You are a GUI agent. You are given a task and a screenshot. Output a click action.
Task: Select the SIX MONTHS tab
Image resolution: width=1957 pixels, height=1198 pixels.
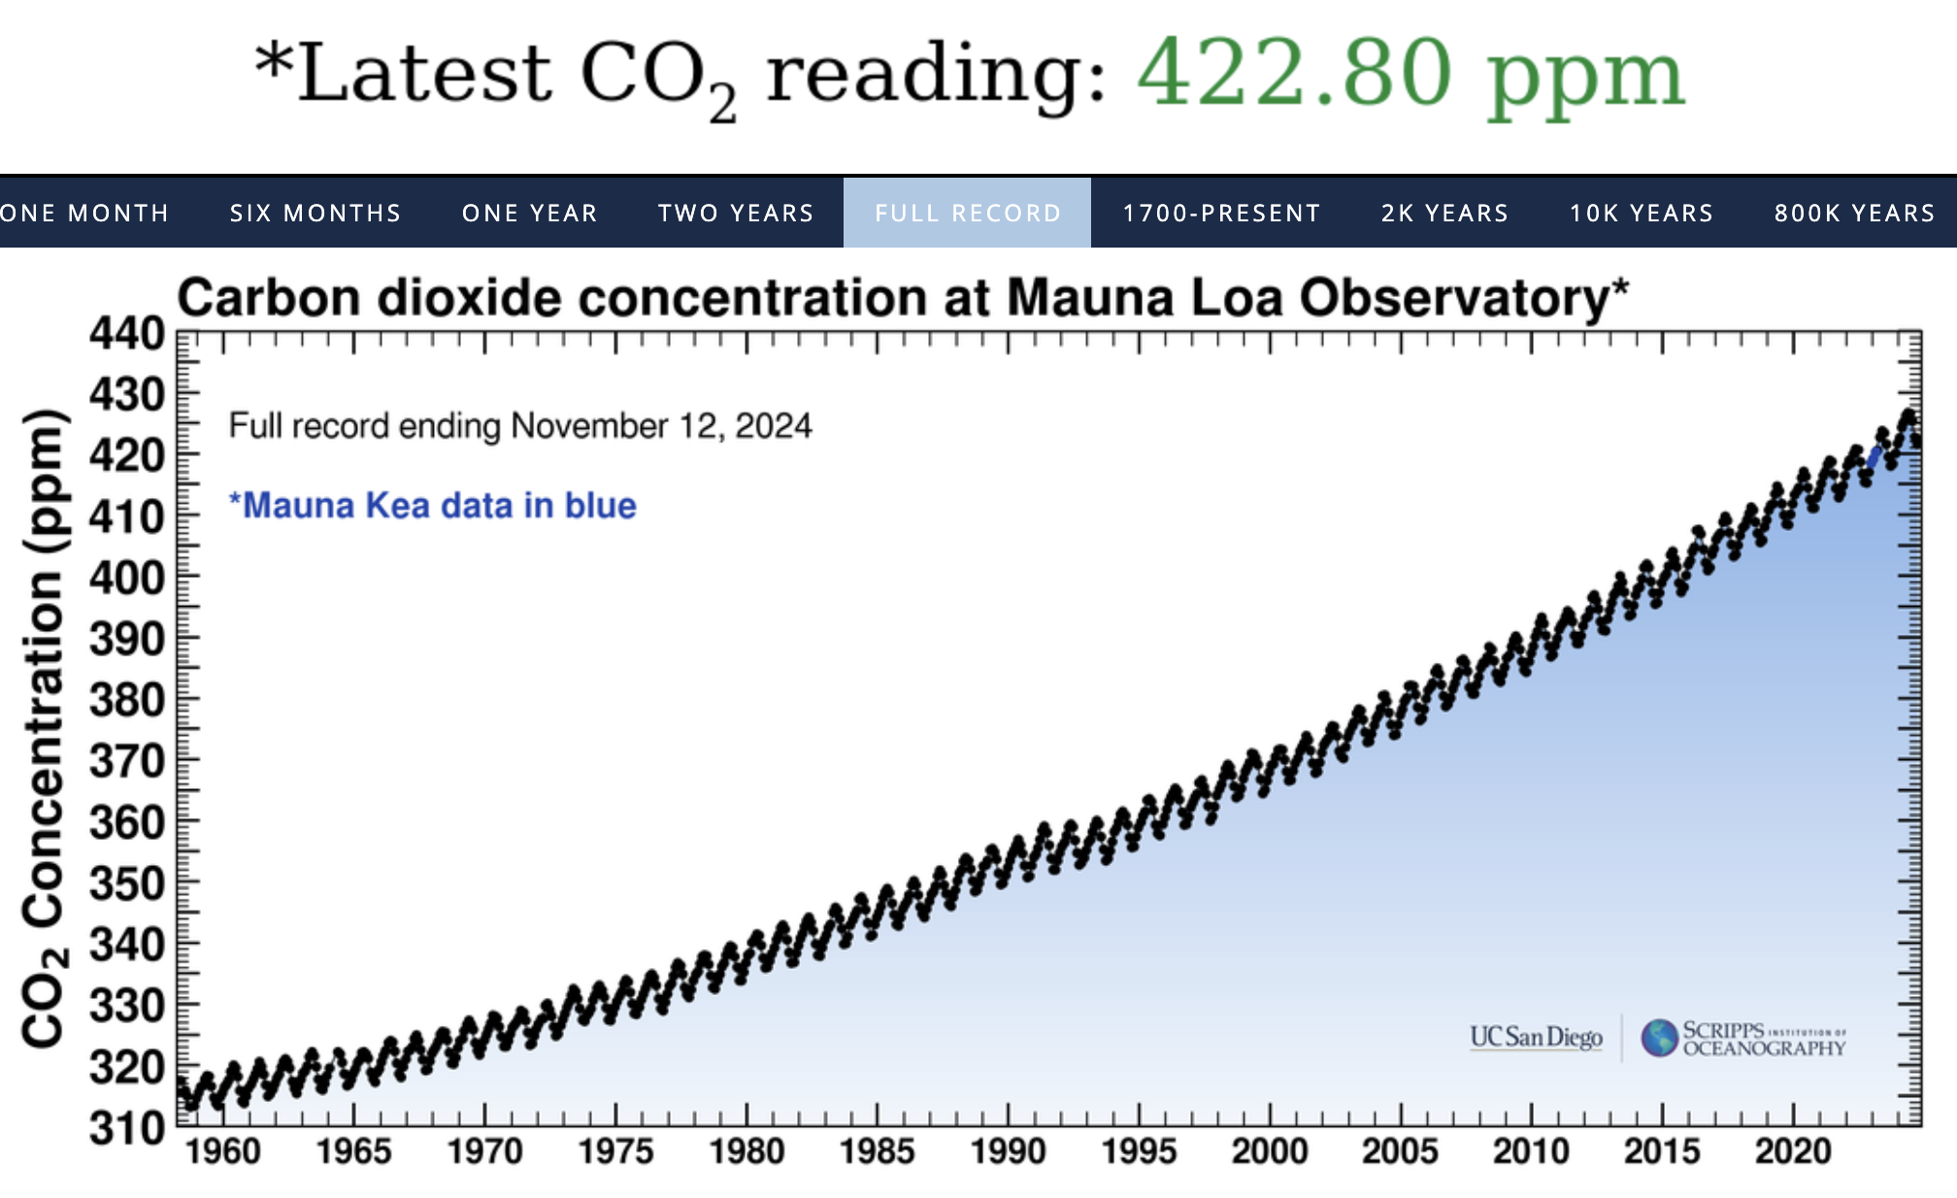[315, 213]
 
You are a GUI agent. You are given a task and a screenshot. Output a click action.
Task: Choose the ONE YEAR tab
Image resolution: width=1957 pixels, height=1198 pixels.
[529, 213]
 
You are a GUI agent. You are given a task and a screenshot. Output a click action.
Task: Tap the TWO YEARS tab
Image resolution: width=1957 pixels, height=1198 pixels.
[736, 213]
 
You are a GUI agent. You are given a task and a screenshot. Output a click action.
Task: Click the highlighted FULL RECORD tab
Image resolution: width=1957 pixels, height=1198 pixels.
[968, 213]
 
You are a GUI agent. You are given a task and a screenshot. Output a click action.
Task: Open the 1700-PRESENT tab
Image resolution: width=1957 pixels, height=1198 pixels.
[1221, 213]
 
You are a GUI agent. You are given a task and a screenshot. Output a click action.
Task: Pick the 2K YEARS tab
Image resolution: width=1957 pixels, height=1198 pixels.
[1444, 213]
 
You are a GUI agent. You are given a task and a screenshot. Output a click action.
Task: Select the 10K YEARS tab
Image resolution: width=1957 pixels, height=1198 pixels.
[1642, 213]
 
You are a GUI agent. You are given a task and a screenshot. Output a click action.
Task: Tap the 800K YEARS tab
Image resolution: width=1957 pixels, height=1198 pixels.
[1854, 213]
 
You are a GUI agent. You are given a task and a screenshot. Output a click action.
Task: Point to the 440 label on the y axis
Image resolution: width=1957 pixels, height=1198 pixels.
[127, 335]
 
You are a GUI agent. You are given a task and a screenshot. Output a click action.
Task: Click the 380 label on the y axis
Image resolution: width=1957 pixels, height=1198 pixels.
[127, 700]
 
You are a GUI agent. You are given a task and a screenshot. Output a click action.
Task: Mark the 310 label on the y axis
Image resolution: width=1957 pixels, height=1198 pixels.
[127, 1128]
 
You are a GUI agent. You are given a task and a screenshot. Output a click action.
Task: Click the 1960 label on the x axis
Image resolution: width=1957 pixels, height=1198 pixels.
[223, 1151]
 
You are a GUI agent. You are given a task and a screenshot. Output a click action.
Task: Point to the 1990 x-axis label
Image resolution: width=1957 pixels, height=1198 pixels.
[1008, 1151]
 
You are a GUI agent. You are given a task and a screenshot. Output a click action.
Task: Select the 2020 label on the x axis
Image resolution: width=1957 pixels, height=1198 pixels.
[1792, 1151]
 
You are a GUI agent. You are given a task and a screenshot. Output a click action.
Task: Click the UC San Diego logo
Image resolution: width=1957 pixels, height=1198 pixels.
[1536, 1038]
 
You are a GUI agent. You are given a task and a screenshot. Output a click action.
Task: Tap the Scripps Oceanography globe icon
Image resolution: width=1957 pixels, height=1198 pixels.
[1660, 1038]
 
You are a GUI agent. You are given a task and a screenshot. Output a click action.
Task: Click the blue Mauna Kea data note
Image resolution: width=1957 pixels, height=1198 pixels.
[432, 506]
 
